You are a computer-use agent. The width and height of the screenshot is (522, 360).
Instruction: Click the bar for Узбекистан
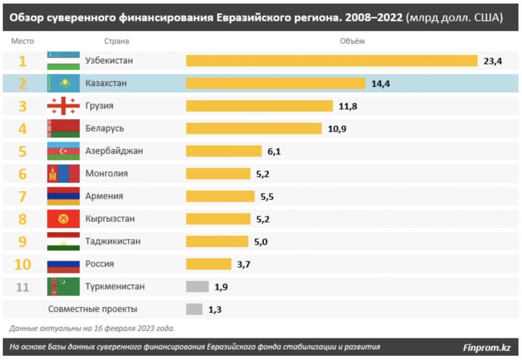[x=331, y=61]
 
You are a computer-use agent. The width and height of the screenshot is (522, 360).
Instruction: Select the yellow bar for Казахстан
[x=276, y=83]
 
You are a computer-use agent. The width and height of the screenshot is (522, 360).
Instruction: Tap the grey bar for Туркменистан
[x=197, y=287]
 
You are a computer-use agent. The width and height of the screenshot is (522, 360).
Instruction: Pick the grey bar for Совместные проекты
[x=194, y=309]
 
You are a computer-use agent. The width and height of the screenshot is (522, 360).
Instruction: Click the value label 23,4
[x=492, y=61]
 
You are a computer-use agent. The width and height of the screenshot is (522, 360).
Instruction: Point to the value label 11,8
[x=348, y=106]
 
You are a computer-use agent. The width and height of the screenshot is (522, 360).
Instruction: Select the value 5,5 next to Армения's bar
[x=267, y=197]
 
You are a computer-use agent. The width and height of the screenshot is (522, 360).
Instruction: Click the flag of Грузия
[x=63, y=106]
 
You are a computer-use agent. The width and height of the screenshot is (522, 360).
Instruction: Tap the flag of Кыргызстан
[x=63, y=219]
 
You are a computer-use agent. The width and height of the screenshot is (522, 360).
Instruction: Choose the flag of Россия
[x=63, y=264]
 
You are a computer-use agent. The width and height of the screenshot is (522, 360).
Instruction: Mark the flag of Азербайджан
[x=63, y=151]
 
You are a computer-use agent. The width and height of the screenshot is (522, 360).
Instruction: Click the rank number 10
[x=22, y=264]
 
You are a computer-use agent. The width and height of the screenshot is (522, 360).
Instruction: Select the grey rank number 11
[x=22, y=287]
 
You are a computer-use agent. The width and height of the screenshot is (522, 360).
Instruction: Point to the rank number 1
[x=22, y=61]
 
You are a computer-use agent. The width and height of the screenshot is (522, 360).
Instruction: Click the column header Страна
[x=116, y=41]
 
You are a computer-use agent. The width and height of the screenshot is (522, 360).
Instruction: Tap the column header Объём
[x=352, y=41]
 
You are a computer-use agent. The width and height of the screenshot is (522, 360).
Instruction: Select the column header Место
[x=22, y=41]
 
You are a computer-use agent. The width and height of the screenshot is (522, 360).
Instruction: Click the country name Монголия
[x=107, y=174]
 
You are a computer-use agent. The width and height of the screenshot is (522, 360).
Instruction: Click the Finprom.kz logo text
[x=486, y=347]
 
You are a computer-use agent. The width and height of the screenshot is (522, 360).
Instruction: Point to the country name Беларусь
[x=105, y=129]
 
